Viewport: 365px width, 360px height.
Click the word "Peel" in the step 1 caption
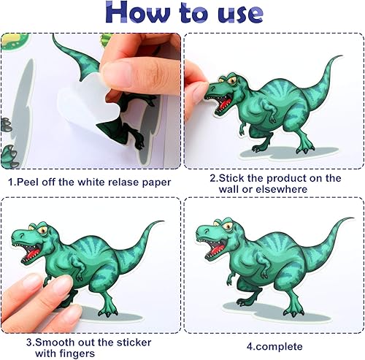pos(26,183)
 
